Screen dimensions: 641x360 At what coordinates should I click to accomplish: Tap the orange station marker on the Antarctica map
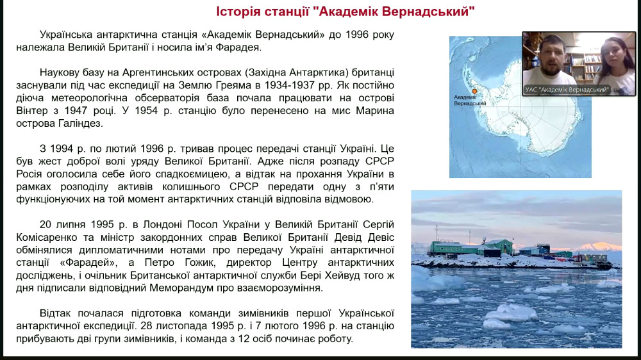[x=474, y=91]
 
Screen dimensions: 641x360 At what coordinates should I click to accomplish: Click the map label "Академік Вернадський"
[x=470, y=100]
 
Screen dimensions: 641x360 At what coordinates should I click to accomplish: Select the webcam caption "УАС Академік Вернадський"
[x=567, y=90]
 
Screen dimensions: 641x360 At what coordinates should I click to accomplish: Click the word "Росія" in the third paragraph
[x=29, y=174]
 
